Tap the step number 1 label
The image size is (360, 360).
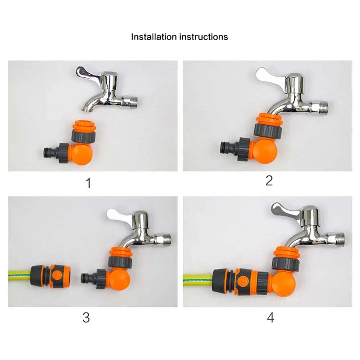click(x=88, y=183)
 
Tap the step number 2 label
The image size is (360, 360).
click(x=269, y=181)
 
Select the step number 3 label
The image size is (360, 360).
click(x=86, y=318)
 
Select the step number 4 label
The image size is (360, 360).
click(x=270, y=318)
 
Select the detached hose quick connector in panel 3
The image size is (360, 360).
click(x=50, y=275)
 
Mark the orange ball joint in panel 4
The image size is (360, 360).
click(x=284, y=284)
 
